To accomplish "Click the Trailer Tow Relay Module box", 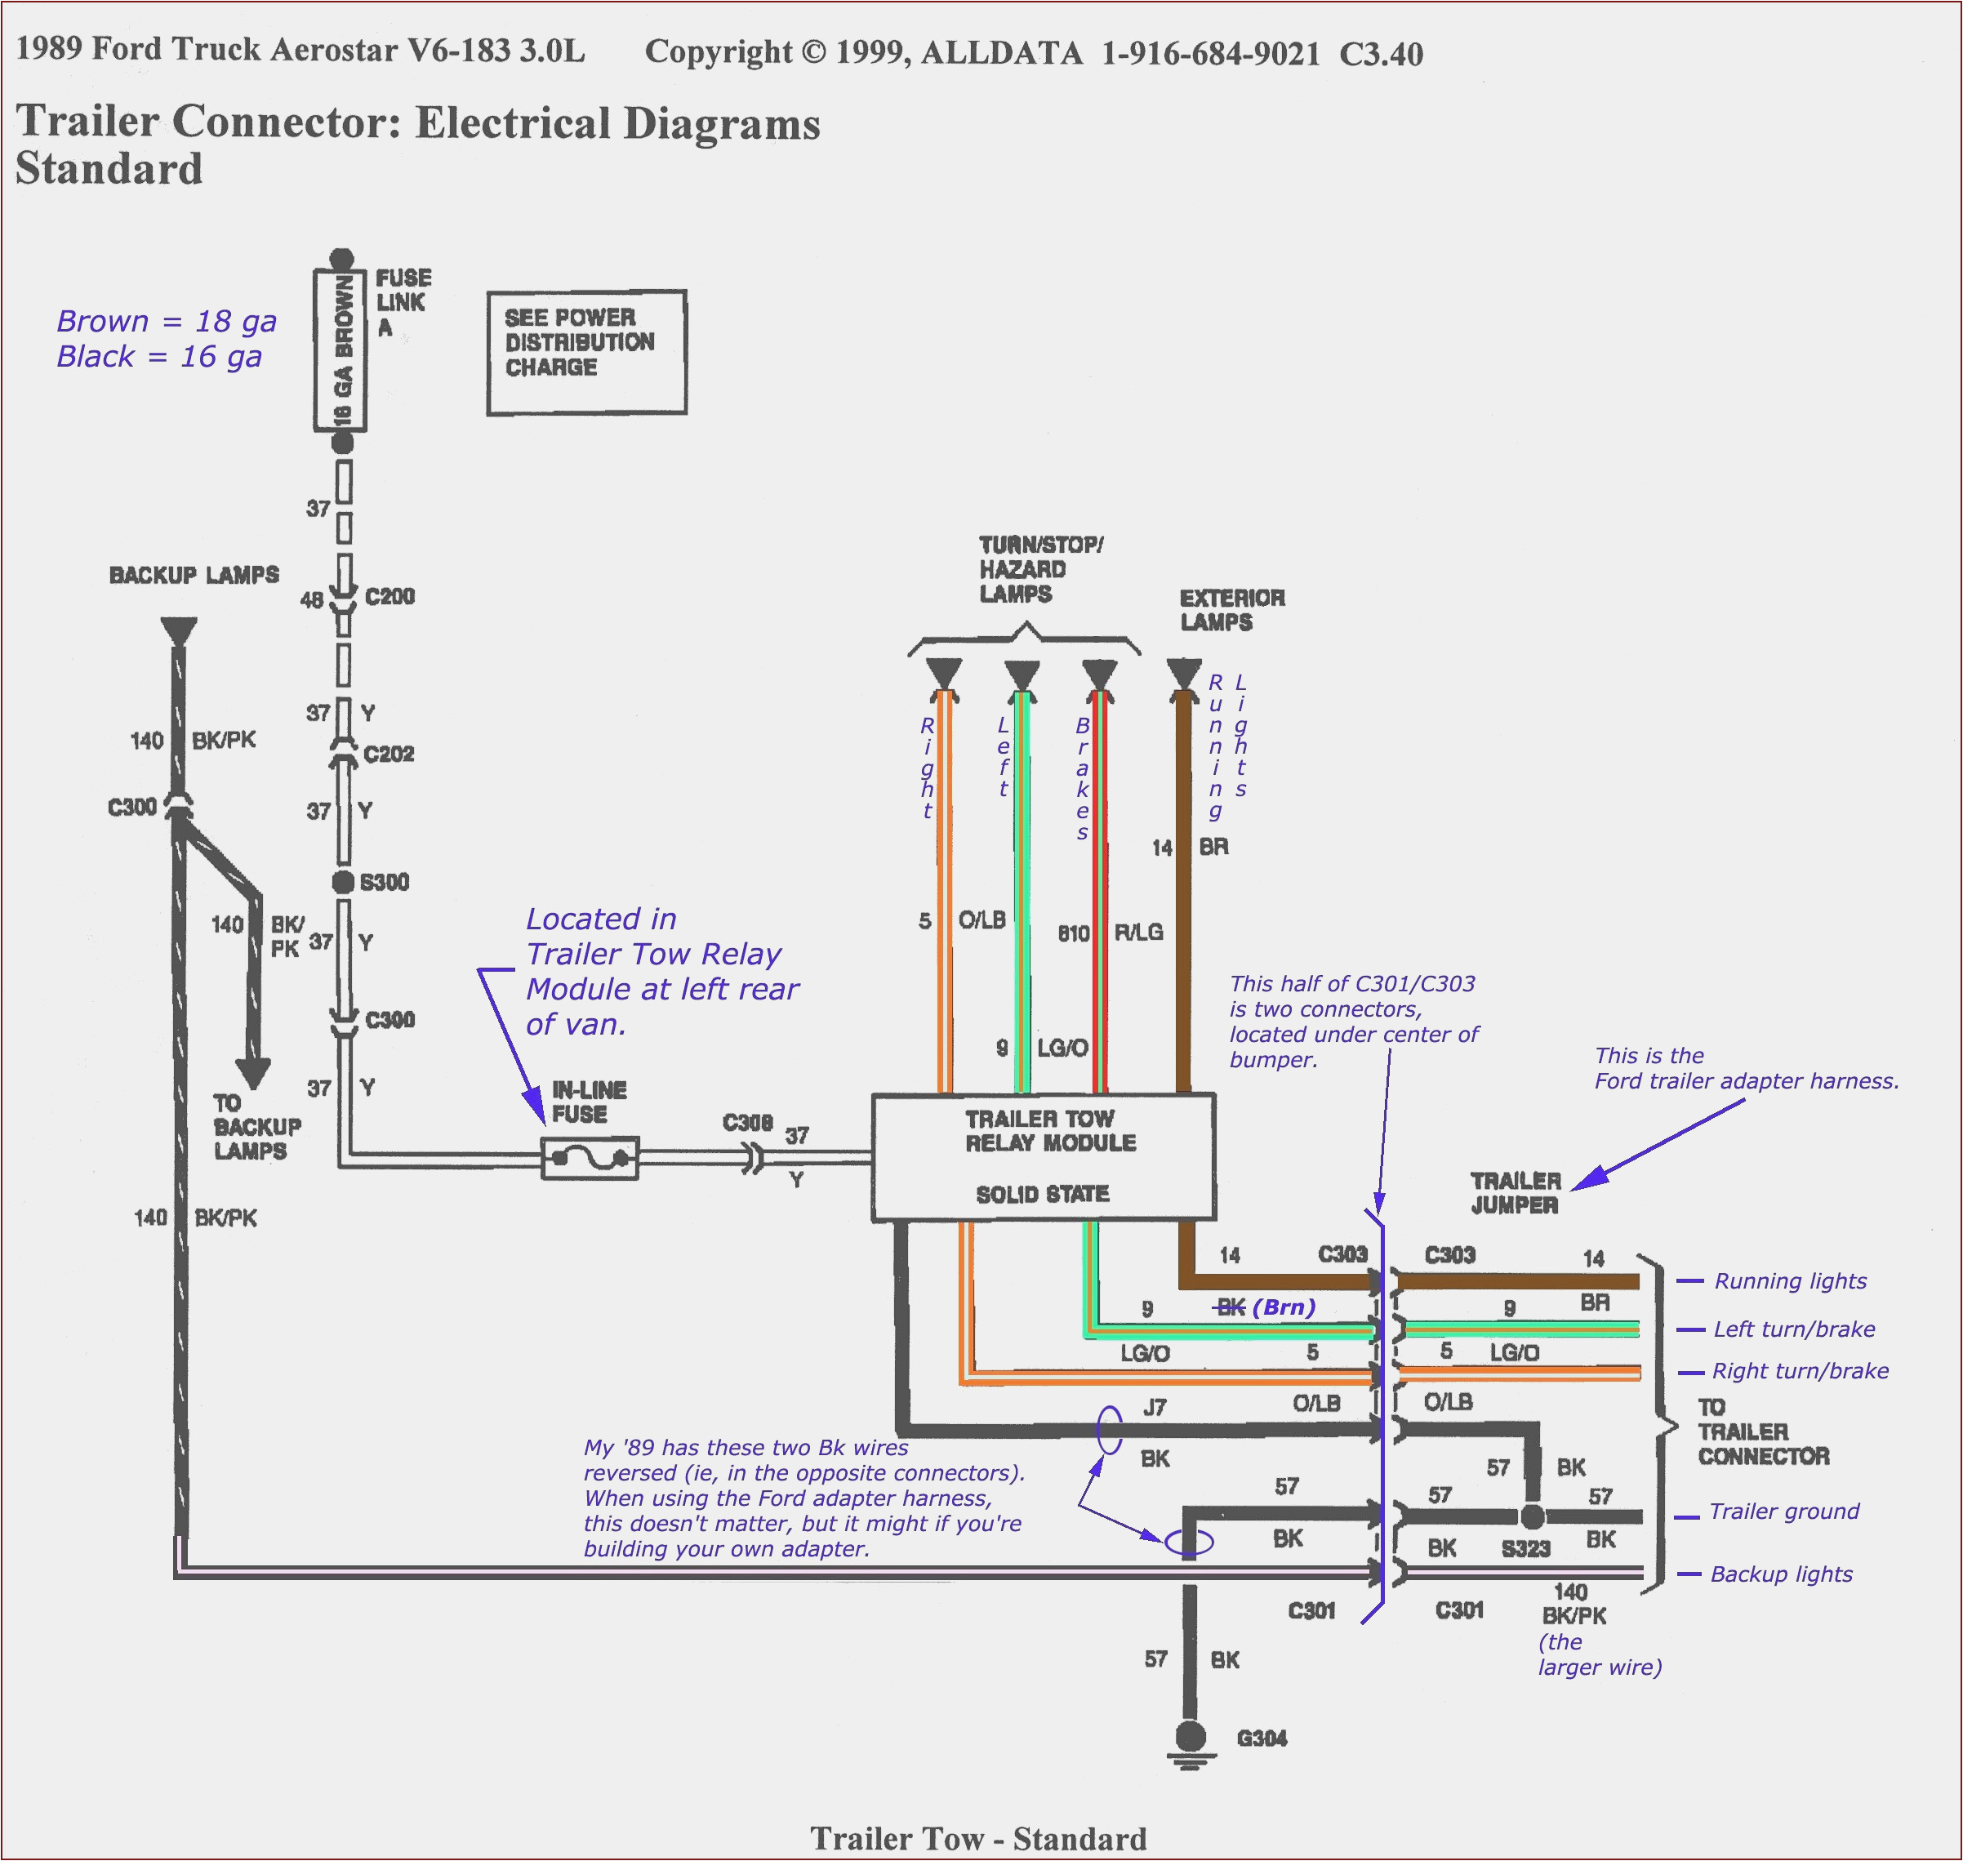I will pos(1043,1156).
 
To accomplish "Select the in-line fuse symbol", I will pos(590,1158).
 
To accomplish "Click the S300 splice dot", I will pos(343,882).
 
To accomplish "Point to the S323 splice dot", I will pos(1533,1516).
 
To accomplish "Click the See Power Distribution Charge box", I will pos(586,352).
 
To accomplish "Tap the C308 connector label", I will pos(747,1123).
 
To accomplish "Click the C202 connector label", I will pos(388,754).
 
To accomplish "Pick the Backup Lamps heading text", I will pos(194,576).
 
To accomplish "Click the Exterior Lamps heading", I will pos(1231,610).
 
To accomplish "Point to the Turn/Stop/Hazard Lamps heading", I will pos(1039,569).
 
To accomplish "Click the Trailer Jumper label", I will pos(1515,1193).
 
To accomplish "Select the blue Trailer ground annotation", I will pos(1783,1512).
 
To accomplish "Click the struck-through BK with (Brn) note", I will pos(1266,1307).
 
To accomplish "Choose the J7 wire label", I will pos(1155,1407).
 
